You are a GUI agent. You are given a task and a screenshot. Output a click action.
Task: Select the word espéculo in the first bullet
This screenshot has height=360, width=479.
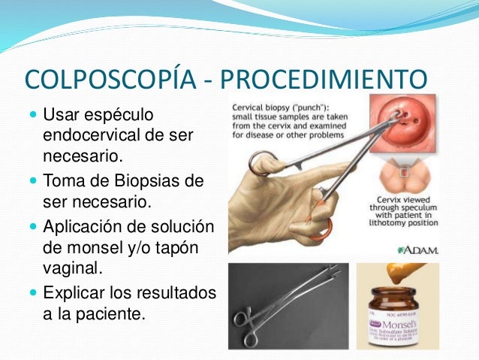[x=120, y=116]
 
